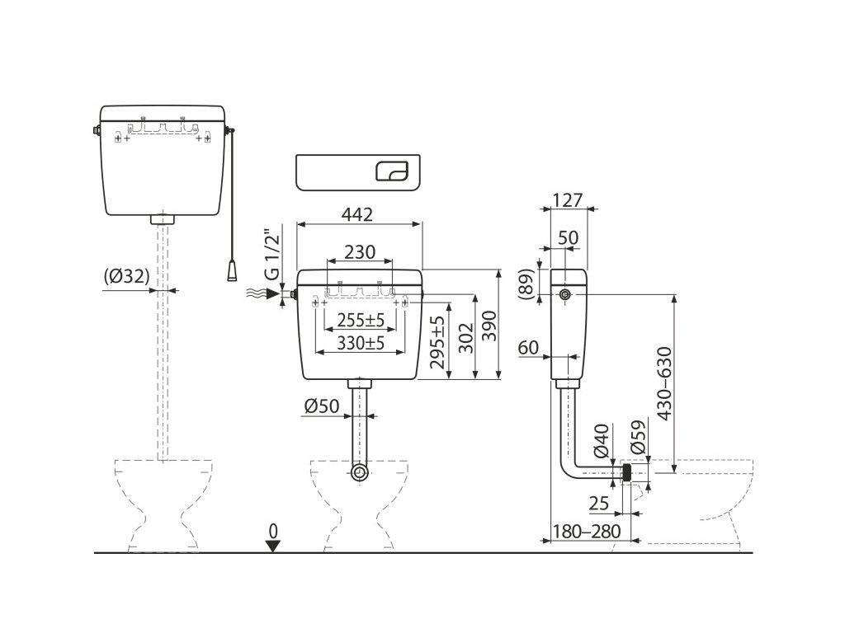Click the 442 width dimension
pos(357,214)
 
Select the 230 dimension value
pos(360,252)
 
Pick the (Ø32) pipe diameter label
pos(127,278)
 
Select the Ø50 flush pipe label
pos(322,406)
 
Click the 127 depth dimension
pos(568,200)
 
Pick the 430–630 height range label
pos(665,385)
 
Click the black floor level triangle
pos(273,545)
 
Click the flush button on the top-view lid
pos(391,171)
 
